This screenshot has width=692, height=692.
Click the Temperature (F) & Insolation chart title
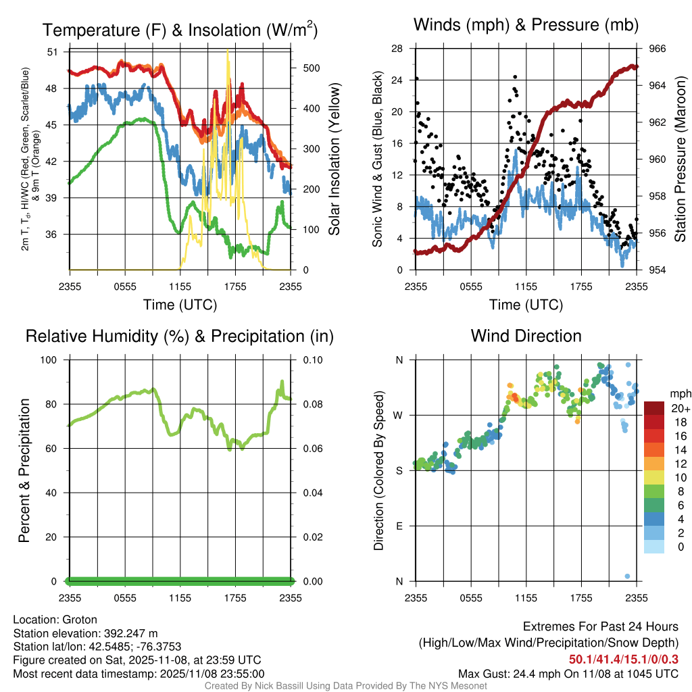[180, 30]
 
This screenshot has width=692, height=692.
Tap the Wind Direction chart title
[526, 336]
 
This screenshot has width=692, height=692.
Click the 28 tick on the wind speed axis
[397, 49]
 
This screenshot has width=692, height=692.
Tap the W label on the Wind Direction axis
[399, 415]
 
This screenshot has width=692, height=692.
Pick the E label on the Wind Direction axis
[399, 526]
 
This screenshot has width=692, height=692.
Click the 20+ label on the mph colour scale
[680, 409]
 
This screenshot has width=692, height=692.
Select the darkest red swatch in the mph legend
[655, 408]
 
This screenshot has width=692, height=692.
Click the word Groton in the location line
[80, 620]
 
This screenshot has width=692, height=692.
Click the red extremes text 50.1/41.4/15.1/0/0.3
[623, 659]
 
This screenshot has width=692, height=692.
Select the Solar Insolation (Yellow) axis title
[335, 159]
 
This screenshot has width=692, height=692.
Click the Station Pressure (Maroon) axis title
[681, 159]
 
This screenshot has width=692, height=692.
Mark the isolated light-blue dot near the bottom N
[628, 576]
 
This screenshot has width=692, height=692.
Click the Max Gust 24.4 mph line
[568, 673]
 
